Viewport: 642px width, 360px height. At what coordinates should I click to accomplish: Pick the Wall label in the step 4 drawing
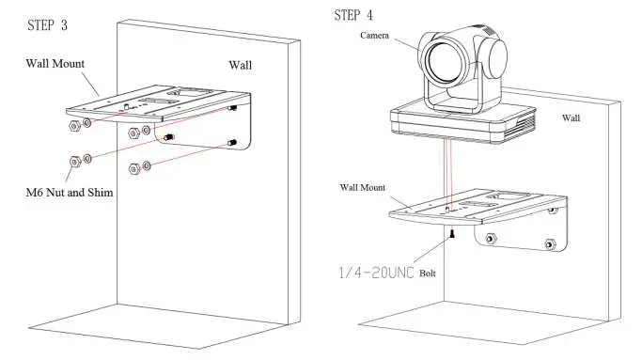click(572, 117)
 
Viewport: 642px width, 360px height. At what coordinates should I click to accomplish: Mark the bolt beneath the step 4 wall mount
click(452, 232)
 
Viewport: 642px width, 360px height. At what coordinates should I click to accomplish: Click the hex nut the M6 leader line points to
click(74, 162)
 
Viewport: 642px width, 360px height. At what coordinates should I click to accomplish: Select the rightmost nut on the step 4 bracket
click(549, 244)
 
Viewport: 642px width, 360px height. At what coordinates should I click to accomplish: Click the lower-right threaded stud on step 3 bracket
click(230, 143)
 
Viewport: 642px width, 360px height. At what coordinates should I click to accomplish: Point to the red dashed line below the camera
click(449, 169)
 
